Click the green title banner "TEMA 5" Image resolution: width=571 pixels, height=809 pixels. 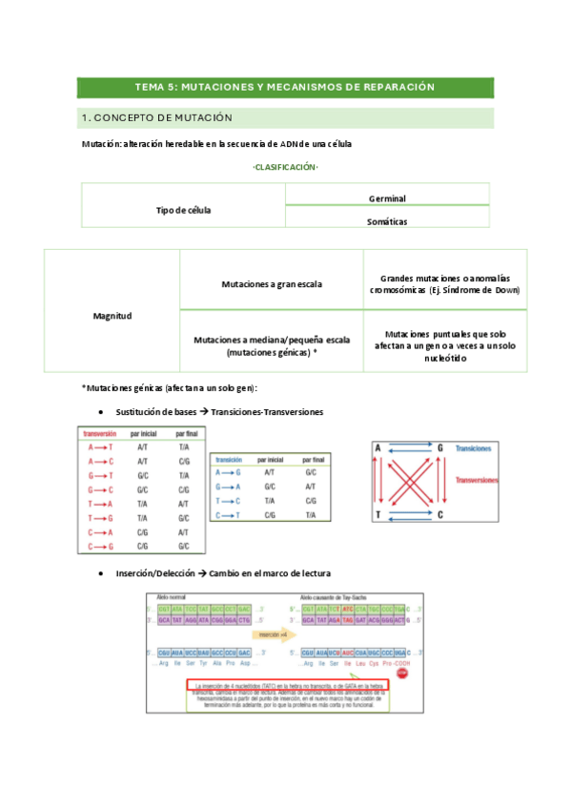(285, 87)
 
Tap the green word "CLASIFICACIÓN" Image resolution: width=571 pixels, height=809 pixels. (285, 167)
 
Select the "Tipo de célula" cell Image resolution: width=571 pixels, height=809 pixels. (183, 209)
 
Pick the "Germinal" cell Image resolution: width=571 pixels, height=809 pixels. (387, 197)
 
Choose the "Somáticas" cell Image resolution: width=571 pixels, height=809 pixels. (387, 220)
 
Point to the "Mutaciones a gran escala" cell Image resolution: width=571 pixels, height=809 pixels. (271, 283)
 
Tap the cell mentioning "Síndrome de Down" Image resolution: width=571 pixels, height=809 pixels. (444, 283)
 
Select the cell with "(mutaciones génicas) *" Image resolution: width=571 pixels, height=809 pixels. (271, 345)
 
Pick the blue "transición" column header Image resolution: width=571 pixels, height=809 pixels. (230, 459)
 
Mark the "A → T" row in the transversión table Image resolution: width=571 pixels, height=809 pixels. (99, 446)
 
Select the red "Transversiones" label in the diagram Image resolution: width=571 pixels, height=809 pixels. (476, 481)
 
